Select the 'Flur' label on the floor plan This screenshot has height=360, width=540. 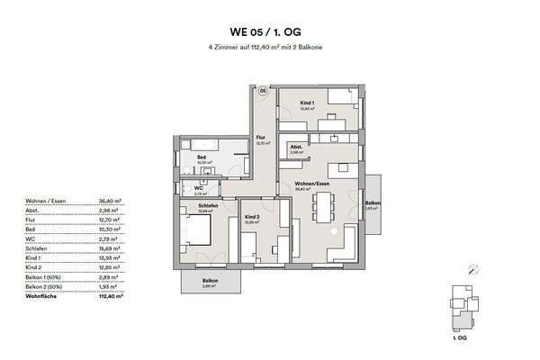tap(260, 137)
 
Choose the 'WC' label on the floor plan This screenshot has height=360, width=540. tap(200, 187)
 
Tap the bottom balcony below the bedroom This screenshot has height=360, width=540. tap(211, 283)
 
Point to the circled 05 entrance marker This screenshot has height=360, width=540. tap(263, 92)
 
